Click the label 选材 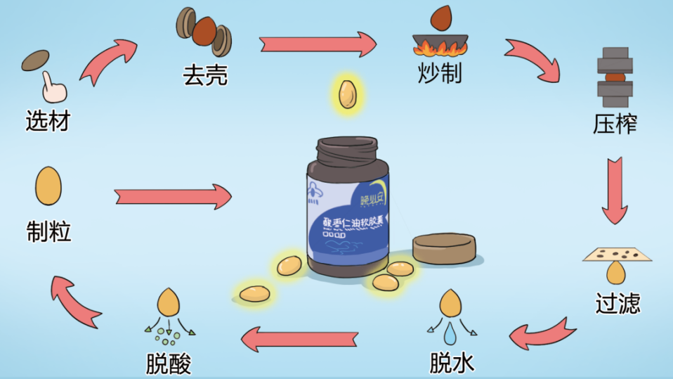click(x=48, y=121)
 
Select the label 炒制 click(x=440, y=72)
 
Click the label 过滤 click(x=618, y=303)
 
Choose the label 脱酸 click(x=169, y=364)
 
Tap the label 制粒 click(x=48, y=231)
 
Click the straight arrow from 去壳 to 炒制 click(x=318, y=44)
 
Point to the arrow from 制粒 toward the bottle click(x=173, y=197)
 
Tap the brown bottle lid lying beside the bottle click(x=443, y=248)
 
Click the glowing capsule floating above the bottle click(x=347, y=95)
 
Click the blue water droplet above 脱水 click(x=450, y=330)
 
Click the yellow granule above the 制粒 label click(x=48, y=186)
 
